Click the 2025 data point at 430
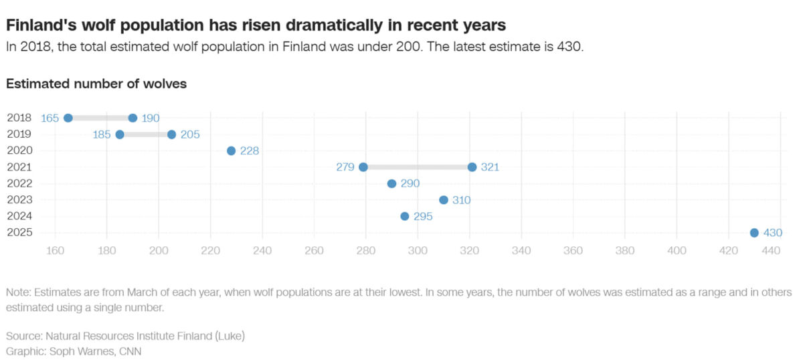click(754, 233)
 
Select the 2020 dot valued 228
click(232, 151)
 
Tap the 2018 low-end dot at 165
click(68, 118)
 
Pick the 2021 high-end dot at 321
click(472, 167)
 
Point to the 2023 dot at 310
click(444, 200)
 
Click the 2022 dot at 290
click(392, 183)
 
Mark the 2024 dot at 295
click(405, 216)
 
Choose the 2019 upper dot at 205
click(172, 134)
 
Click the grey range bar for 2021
click(418, 167)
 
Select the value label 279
click(345, 167)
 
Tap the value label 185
click(102, 134)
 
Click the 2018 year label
click(18, 118)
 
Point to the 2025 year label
click(18, 232)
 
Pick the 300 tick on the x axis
click(418, 251)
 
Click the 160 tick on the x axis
click(55, 251)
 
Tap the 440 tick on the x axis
click(772, 251)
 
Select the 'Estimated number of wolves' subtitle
click(96, 84)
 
